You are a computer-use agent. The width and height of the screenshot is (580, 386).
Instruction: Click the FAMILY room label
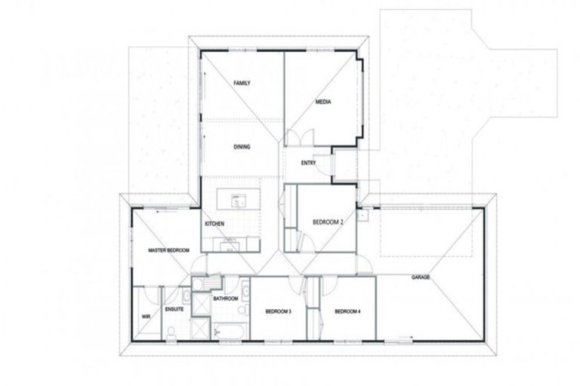242,82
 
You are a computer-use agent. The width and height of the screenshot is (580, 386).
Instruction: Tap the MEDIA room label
322,102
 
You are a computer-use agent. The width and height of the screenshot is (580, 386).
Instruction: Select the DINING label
242,147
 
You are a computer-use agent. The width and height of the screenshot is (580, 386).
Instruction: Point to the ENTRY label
308,162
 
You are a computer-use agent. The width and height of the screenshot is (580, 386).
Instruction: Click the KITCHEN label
214,224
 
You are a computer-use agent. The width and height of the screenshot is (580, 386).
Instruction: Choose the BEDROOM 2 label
328,222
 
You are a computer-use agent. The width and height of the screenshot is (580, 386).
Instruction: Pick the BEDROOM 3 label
278,311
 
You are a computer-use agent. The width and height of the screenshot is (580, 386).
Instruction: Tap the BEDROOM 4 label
348,311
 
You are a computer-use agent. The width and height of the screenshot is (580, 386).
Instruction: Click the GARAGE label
421,277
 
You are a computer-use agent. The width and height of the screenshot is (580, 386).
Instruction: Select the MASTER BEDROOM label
168,250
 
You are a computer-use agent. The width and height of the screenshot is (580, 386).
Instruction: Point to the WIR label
147,317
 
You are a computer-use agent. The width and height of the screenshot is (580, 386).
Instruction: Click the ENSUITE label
175,308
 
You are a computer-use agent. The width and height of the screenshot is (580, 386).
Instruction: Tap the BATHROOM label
226,299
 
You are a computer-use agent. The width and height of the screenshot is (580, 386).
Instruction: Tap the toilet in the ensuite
173,332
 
